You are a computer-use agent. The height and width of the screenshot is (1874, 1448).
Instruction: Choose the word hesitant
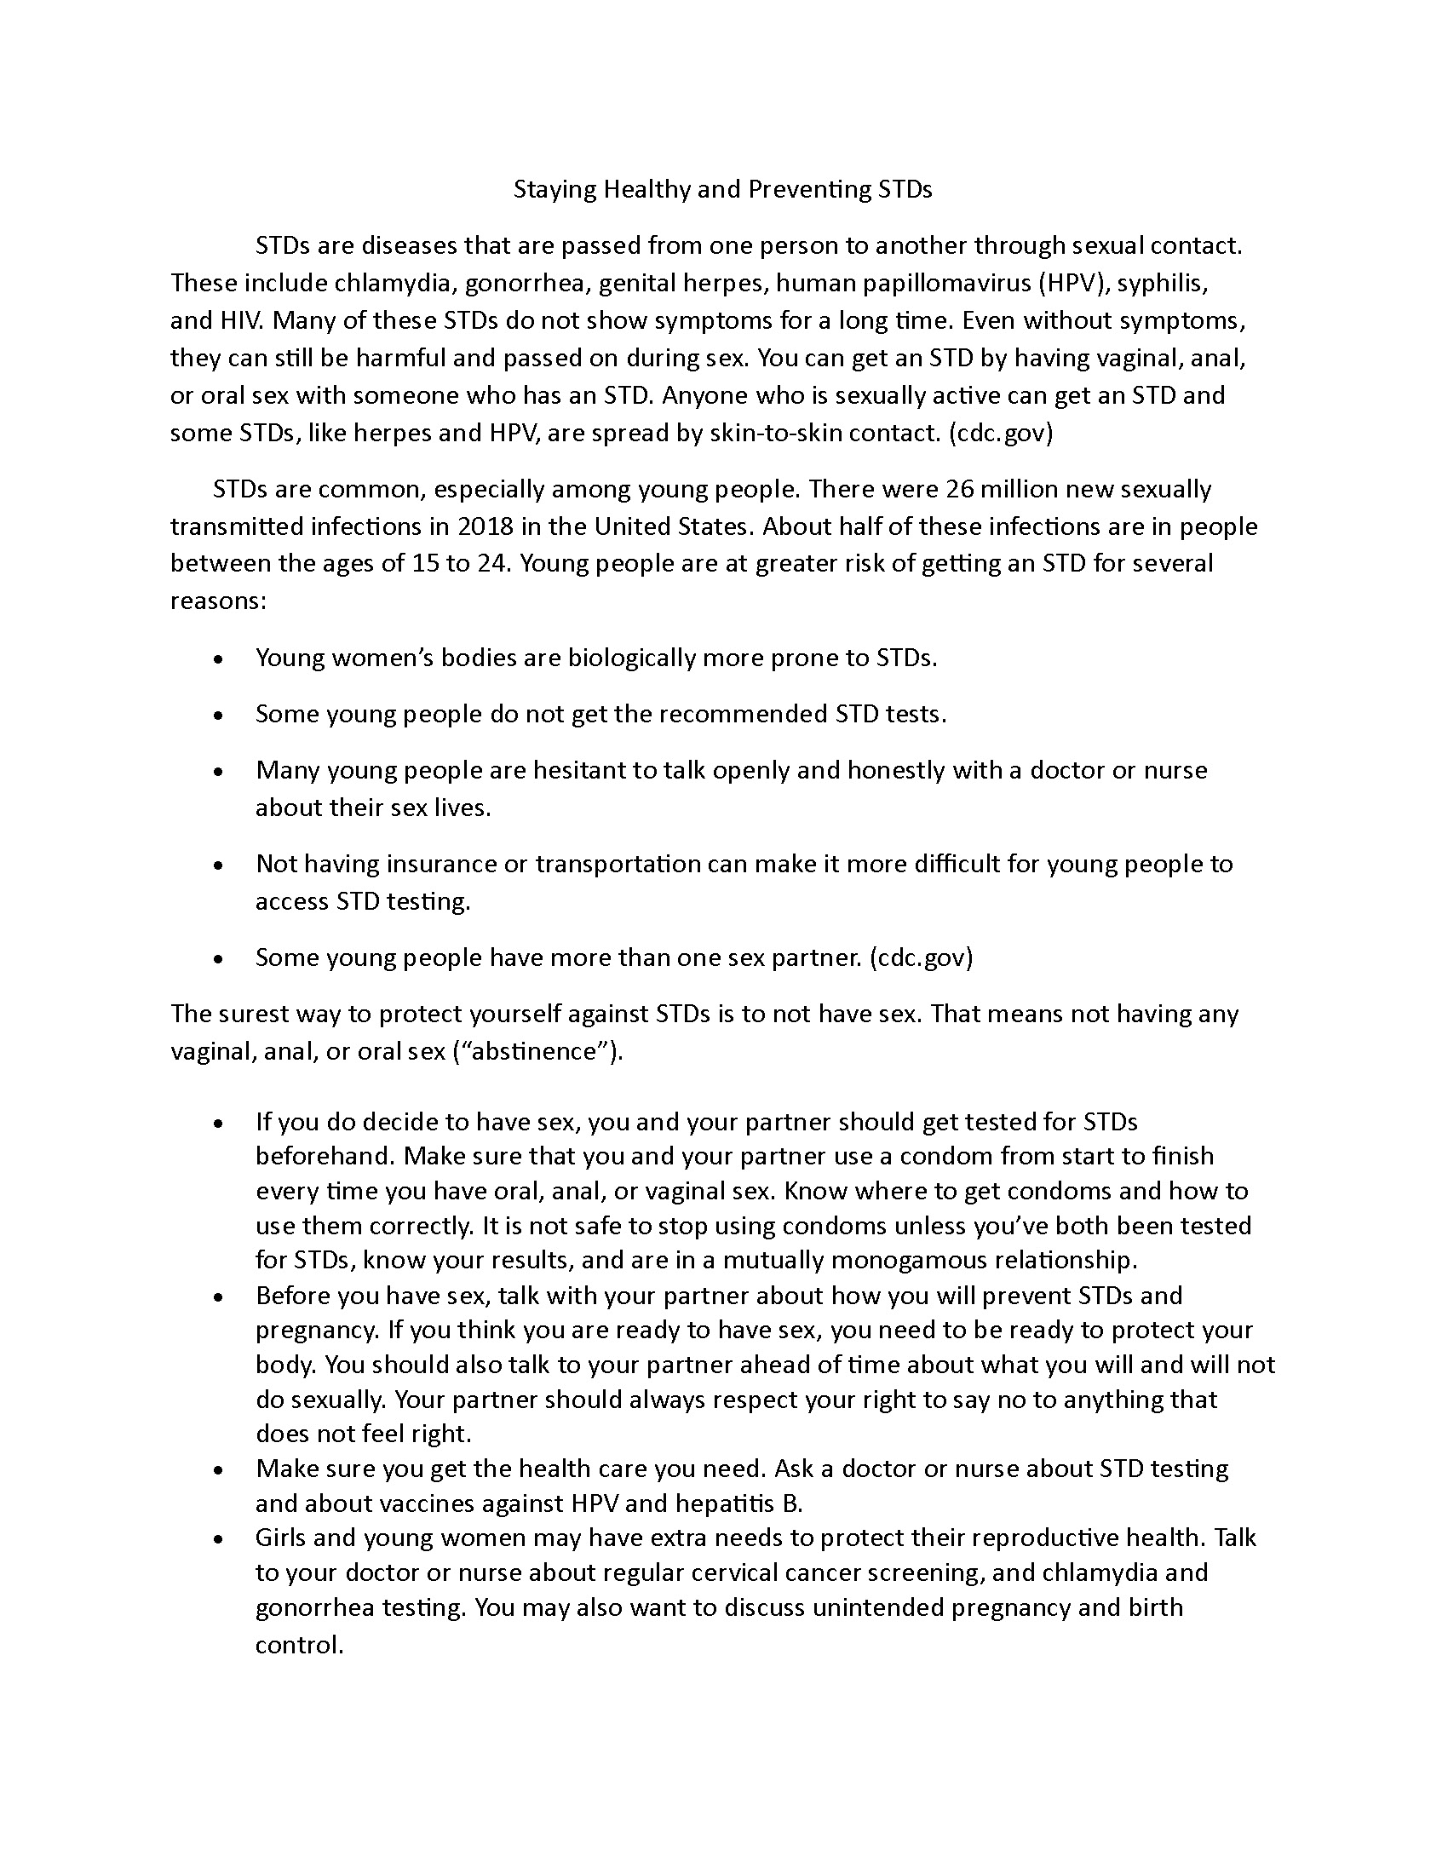pyautogui.click(x=580, y=770)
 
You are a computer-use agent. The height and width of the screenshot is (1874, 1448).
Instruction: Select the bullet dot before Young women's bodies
pyautogui.click(x=220, y=659)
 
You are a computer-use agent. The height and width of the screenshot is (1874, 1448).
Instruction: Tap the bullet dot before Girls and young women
pyautogui.click(x=220, y=1538)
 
